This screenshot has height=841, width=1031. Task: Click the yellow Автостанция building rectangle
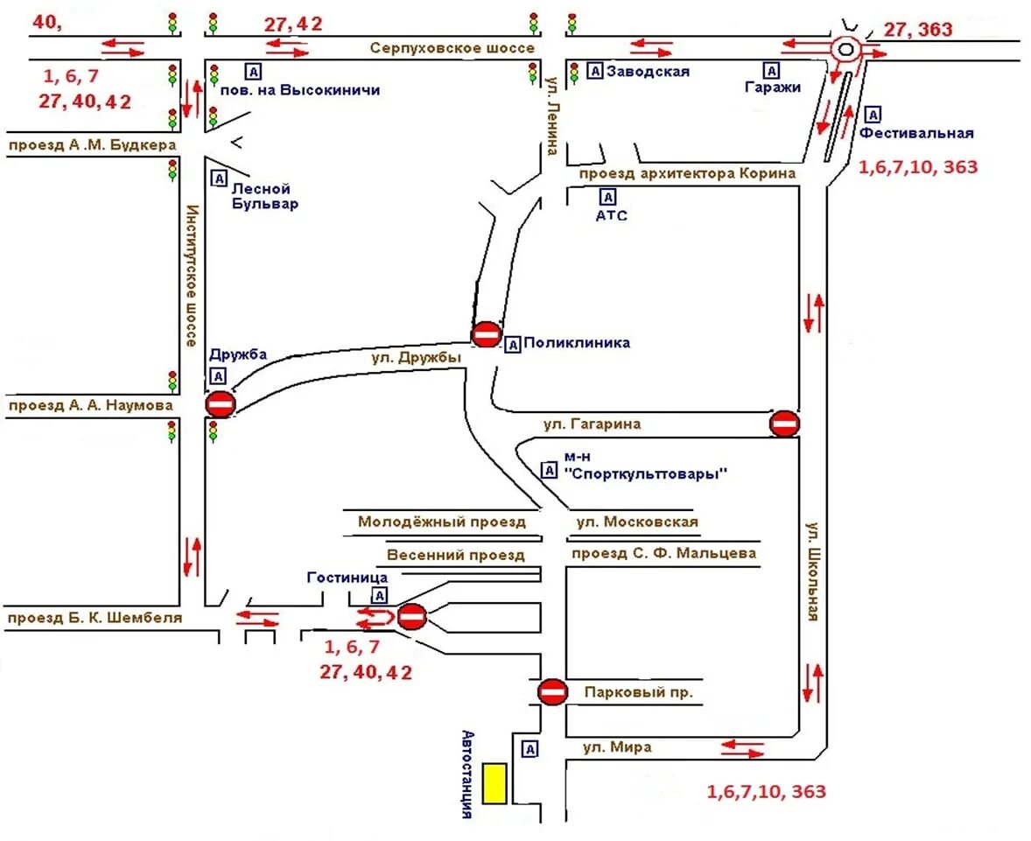(494, 783)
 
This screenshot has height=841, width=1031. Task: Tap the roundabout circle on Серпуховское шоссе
(845, 50)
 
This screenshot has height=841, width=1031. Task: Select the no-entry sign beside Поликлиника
(486, 334)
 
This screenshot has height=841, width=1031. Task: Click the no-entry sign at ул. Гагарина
(784, 424)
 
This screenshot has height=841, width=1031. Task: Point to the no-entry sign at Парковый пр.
(552, 692)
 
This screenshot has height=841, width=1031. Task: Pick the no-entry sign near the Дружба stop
(220, 404)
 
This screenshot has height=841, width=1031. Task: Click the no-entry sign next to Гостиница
(411, 617)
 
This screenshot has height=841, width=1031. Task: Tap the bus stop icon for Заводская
(594, 72)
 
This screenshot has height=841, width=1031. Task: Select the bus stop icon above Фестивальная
(873, 114)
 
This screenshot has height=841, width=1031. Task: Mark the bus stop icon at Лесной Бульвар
(219, 179)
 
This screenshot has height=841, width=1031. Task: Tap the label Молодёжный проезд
(442, 522)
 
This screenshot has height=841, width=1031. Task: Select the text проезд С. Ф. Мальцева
(663, 553)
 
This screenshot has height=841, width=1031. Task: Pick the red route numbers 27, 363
(918, 30)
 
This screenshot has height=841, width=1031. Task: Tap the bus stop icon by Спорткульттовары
(550, 470)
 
